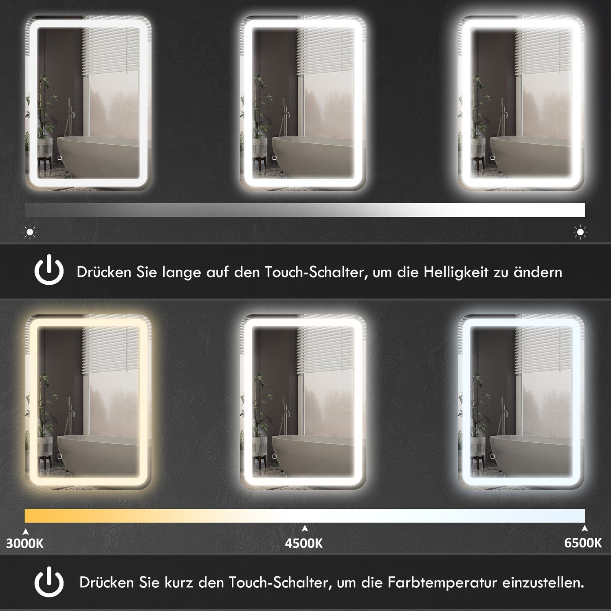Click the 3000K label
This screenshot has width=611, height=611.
[25, 543]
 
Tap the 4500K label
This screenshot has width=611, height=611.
[304, 543]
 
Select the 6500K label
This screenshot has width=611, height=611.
[583, 543]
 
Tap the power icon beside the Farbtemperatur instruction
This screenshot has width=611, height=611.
[49, 582]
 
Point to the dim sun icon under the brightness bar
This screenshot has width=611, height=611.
[30, 233]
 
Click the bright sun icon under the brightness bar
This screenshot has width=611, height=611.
[580, 233]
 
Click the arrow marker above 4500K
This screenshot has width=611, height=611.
[304, 529]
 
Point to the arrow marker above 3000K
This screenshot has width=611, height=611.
[26, 531]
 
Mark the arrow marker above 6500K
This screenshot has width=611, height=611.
[585, 529]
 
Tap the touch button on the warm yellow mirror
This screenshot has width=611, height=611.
[59, 456]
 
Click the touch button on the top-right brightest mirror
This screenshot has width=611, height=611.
[492, 158]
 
